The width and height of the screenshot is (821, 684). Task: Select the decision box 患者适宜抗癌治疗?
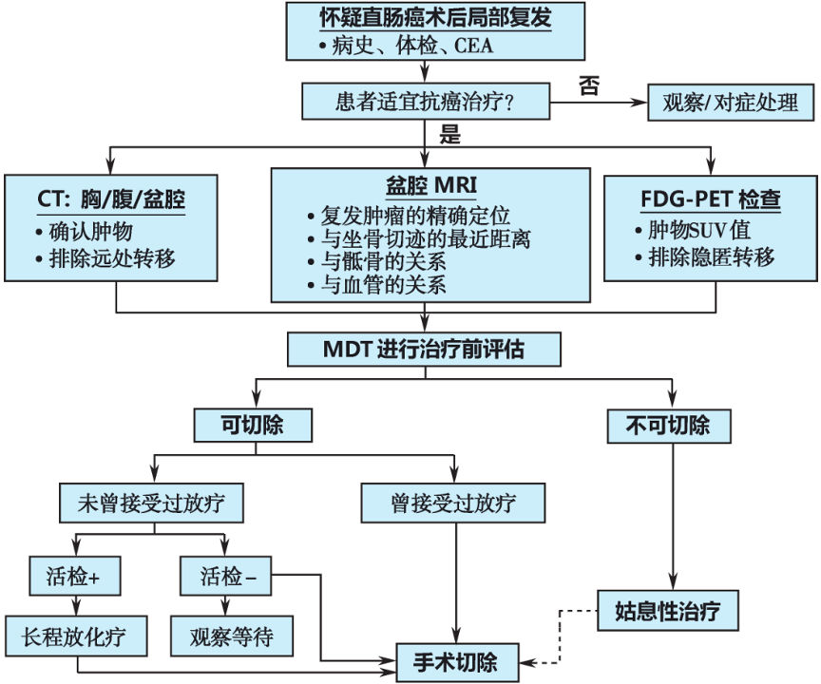coord(424,99)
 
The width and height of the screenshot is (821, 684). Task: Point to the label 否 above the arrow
coord(589,85)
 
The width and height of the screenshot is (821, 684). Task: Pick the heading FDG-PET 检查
coord(711,200)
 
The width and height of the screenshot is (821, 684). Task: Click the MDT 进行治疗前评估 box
coord(424,350)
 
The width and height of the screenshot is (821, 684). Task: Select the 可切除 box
coord(252,424)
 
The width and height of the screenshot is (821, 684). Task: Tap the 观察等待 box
coord(231,635)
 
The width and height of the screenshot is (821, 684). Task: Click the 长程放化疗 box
coord(76,635)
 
